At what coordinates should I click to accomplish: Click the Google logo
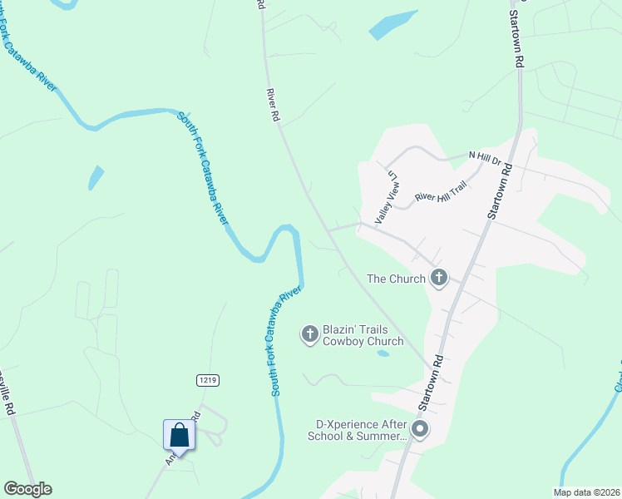click(x=27, y=489)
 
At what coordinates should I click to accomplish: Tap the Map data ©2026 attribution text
click(x=586, y=492)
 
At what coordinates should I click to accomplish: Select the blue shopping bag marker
click(x=179, y=435)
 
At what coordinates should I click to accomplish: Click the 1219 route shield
click(x=208, y=380)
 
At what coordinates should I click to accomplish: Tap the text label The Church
click(x=396, y=279)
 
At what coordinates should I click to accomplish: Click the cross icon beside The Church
click(x=439, y=279)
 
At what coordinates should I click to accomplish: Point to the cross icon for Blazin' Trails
click(x=309, y=334)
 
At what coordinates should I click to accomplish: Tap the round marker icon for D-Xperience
click(x=420, y=429)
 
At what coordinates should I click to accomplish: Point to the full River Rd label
click(x=272, y=106)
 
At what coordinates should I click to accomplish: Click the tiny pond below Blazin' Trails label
click(x=383, y=353)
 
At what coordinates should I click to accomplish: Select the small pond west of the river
click(x=96, y=177)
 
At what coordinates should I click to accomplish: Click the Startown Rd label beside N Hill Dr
click(x=501, y=193)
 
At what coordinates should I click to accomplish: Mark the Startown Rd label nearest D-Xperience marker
click(x=429, y=383)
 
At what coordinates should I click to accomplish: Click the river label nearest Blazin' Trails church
click(x=284, y=341)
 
